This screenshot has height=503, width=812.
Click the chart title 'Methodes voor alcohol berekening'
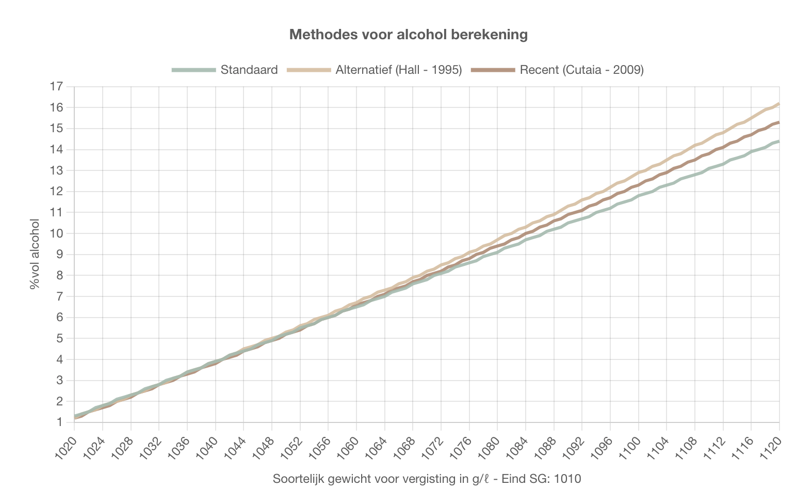click(x=408, y=35)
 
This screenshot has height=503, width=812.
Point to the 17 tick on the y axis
click(x=56, y=87)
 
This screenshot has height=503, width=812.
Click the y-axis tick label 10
click(x=56, y=233)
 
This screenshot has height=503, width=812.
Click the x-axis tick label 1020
click(x=67, y=447)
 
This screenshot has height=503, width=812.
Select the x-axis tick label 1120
click(x=771, y=447)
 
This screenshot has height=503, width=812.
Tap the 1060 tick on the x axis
click(x=348, y=447)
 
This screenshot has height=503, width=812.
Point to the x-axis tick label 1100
click(x=630, y=447)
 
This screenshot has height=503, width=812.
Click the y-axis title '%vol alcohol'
click(x=35, y=254)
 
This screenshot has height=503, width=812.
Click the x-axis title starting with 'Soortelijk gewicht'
click(x=427, y=479)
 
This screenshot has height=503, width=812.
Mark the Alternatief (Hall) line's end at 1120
click(x=778, y=104)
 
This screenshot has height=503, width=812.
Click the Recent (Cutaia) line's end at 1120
click(x=778, y=122)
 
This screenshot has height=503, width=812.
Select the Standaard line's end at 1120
click(x=778, y=141)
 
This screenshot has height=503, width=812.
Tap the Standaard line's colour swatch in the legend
click(x=194, y=70)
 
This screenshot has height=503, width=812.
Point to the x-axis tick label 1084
click(x=517, y=447)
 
